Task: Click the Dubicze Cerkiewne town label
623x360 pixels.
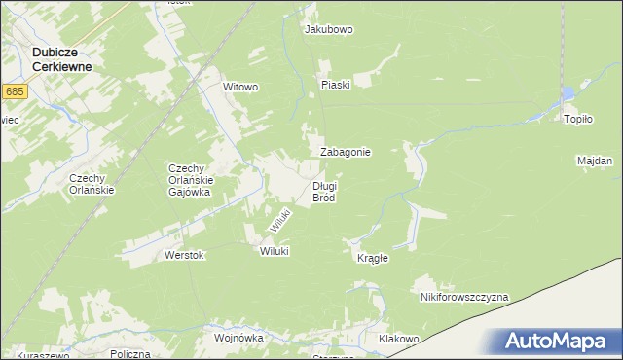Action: [61, 58]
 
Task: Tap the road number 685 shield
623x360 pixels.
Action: [14, 91]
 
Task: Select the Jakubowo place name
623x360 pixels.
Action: [329, 30]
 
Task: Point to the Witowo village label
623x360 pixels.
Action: [240, 87]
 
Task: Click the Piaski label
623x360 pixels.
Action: [335, 84]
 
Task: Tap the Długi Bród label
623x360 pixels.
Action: [324, 192]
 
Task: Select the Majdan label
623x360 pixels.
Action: [594, 161]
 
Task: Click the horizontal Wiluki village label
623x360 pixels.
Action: [274, 251]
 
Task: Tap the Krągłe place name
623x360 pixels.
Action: [373, 258]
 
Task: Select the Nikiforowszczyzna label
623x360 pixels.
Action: [464, 296]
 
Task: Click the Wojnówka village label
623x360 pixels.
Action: [238, 338]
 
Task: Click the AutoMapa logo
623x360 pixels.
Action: [559, 342]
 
